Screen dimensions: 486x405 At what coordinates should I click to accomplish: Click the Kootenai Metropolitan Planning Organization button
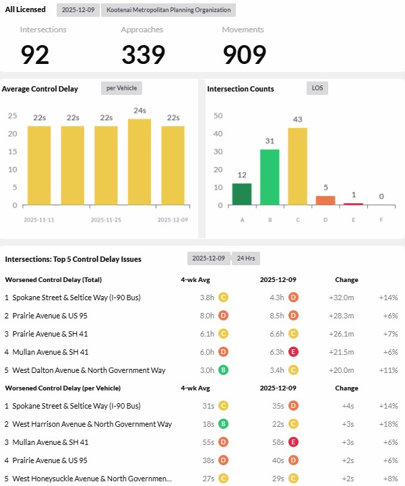pyautogui.click(x=168, y=10)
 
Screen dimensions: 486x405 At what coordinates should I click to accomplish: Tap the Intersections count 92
pyautogui.click(x=35, y=55)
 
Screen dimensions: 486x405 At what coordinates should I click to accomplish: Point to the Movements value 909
pyautogui.click(x=245, y=55)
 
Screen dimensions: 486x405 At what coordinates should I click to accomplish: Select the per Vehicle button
pyautogui.click(x=121, y=88)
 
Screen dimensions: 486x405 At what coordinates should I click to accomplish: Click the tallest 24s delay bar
pyautogui.click(x=139, y=162)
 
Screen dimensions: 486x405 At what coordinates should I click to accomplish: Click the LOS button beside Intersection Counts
pyautogui.click(x=316, y=88)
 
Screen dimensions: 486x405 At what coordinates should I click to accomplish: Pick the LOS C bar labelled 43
pyautogui.click(x=298, y=166)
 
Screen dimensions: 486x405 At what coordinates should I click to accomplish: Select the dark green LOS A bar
pyautogui.click(x=242, y=194)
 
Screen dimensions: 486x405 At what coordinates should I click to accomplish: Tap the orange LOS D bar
pyautogui.click(x=325, y=201)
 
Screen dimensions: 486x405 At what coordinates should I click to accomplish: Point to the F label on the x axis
pyautogui.click(x=381, y=219)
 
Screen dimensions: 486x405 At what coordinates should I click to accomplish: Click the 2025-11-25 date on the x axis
pyautogui.click(x=106, y=219)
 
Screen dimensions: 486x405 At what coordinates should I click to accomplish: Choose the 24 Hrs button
pyautogui.click(x=245, y=258)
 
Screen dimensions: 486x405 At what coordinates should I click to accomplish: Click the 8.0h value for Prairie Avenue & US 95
pyautogui.click(x=207, y=316)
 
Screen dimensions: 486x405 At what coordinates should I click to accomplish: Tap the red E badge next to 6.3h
pyautogui.click(x=294, y=352)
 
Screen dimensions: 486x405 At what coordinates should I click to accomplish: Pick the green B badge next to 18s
pyautogui.click(x=222, y=424)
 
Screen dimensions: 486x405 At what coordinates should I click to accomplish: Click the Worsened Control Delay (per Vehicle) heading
pyautogui.click(x=63, y=388)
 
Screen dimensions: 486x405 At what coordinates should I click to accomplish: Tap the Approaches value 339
pyautogui.click(x=144, y=55)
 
